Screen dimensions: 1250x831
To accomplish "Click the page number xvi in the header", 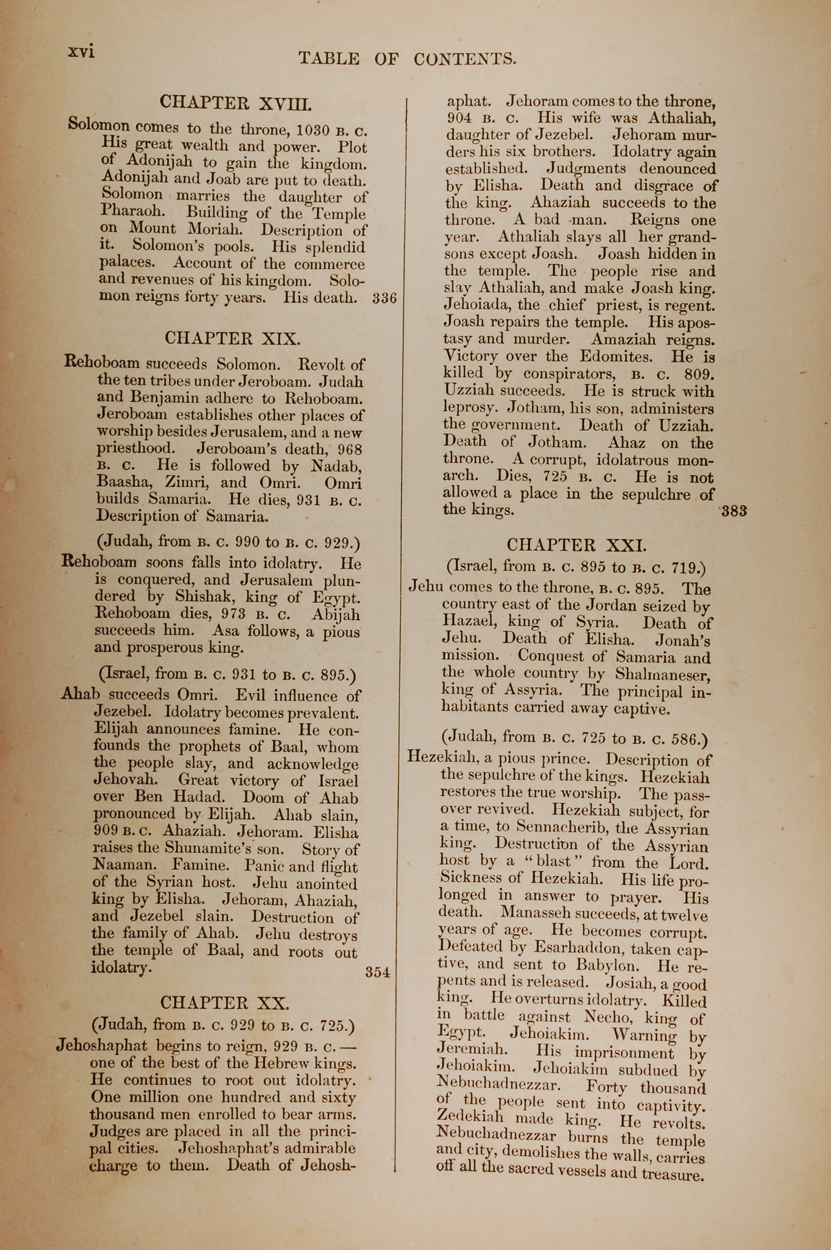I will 81,52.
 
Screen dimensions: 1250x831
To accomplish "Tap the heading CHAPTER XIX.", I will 232,338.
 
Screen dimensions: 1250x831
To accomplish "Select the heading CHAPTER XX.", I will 225,1003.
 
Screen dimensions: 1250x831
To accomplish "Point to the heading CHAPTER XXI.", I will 577,545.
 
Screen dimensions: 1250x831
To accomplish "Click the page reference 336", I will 384,298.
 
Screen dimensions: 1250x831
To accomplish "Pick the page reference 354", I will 377,972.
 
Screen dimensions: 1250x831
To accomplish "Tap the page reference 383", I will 734,511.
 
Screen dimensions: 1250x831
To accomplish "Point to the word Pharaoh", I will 133,211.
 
